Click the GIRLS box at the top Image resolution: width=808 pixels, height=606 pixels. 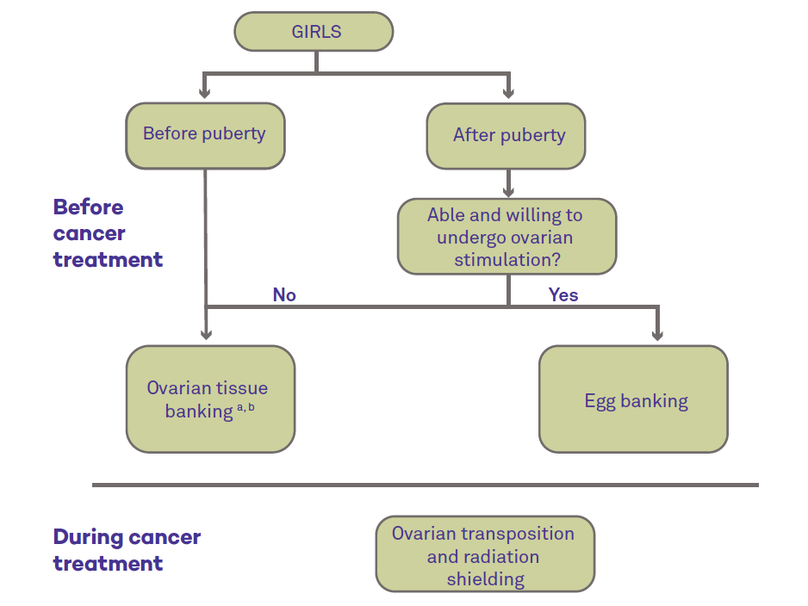(x=314, y=31)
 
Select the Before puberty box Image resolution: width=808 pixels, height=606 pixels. (x=205, y=135)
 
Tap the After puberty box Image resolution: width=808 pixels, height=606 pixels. (x=506, y=136)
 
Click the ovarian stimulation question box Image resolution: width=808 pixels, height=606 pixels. (x=507, y=237)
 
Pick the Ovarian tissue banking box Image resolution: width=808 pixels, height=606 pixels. (x=211, y=399)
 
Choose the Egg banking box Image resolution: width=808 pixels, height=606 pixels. (x=633, y=399)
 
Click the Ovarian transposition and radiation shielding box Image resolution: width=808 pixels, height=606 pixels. (x=486, y=553)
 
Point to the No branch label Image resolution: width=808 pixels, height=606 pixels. (x=284, y=295)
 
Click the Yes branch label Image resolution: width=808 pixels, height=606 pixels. (x=563, y=295)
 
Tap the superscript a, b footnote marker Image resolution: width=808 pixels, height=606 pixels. (x=246, y=407)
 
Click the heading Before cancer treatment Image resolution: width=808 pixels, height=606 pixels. (x=108, y=233)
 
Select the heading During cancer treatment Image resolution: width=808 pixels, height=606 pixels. (x=127, y=550)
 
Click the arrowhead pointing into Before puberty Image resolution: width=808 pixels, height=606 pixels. (x=204, y=93)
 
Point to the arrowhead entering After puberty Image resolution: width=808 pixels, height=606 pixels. (x=508, y=93)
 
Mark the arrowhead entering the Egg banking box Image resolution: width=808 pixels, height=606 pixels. (x=657, y=336)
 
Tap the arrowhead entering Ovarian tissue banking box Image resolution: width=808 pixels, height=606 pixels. (x=206, y=335)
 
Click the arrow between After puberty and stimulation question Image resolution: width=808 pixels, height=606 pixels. (x=508, y=184)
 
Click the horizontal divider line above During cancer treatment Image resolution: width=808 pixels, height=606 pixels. (x=426, y=485)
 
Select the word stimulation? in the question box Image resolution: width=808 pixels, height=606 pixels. (x=507, y=259)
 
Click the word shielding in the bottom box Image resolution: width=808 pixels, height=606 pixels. (x=486, y=579)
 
